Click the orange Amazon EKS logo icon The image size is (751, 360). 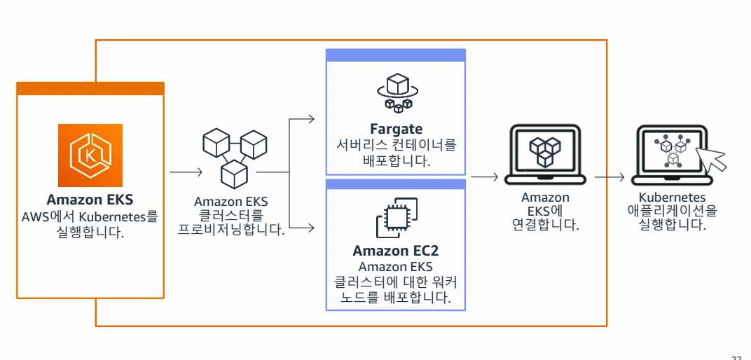tap(90, 155)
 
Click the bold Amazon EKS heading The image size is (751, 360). tap(90, 200)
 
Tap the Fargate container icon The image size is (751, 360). tap(397, 94)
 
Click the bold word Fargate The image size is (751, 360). tap(397, 130)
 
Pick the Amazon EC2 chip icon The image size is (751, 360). tap(397, 216)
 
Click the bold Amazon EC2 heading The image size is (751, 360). tap(397, 251)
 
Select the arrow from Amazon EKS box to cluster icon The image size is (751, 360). tap(186, 170)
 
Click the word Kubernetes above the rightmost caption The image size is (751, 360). tap(672, 198)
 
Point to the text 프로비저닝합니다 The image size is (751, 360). tap(230, 229)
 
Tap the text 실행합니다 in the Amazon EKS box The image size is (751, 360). tap(90, 232)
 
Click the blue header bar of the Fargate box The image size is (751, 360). tap(397, 55)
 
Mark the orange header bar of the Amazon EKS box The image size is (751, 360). tap(90, 88)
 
